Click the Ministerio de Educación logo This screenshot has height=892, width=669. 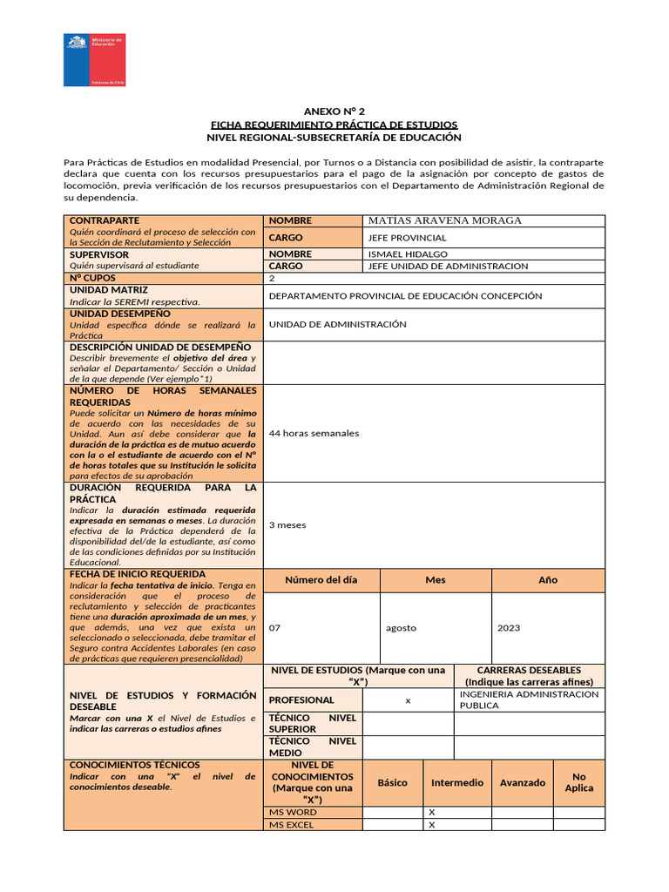94,60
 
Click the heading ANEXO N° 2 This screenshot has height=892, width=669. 334,111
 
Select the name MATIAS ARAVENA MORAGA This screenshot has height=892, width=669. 445,220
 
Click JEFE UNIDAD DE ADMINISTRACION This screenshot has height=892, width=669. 448,267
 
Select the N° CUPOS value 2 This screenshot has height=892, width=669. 273,279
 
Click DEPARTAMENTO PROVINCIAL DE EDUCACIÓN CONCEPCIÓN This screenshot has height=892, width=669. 405,296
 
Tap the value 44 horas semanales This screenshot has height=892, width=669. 314,433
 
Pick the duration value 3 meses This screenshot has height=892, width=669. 287,525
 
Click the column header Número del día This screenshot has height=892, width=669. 321,580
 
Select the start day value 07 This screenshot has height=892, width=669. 275,627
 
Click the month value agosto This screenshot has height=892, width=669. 401,627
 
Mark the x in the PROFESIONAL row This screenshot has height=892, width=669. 408,700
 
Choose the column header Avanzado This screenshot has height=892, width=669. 523,782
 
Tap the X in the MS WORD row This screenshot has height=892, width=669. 431,812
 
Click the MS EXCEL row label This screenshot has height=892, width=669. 292,825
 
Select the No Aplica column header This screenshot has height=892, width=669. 578,782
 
